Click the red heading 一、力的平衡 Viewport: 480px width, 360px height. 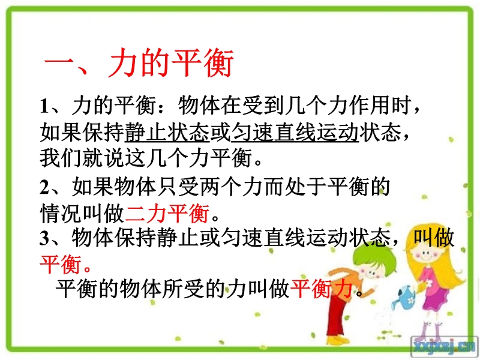tap(139, 62)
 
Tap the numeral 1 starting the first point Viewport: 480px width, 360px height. tap(44, 106)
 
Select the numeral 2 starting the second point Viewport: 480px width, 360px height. tap(44, 187)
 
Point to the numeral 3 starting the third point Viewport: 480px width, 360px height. tap(44, 238)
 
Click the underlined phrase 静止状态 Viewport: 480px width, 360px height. tap(167, 132)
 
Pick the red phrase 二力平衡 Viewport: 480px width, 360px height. tap(167, 213)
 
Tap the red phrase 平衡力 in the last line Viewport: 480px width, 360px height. tap(322, 288)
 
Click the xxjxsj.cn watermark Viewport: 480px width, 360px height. tap(445, 347)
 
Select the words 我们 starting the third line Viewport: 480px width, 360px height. tap(61, 158)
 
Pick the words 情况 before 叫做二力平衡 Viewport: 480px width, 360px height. tap(61, 213)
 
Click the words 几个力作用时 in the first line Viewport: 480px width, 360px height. tap(349, 106)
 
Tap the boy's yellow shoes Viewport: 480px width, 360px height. tap(337, 340)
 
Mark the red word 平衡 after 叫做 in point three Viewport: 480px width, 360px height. tap(61, 264)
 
